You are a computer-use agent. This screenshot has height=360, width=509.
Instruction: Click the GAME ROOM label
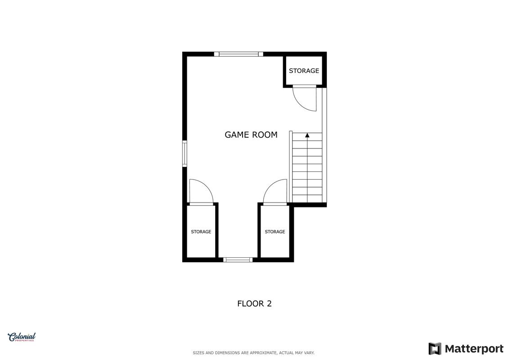pyautogui.click(x=251, y=135)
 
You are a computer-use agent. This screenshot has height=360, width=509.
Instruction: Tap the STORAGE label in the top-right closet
pyautogui.click(x=304, y=71)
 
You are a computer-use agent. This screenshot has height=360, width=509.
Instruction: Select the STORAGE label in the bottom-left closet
pyautogui.click(x=201, y=232)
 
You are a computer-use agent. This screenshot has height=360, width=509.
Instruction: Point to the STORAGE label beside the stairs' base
pyautogui.click(x=275, y=232)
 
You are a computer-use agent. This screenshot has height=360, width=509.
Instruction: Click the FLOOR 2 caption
pyautogui.click(x=255, y=304)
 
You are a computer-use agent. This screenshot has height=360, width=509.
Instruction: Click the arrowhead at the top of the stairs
pyautogui.click(x=307, y=135)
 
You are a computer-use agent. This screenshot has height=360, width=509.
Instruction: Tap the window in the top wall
pyautogui.click(x=239, y=54)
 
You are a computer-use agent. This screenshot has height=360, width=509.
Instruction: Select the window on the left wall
pyautogui.click(x=185, y=153)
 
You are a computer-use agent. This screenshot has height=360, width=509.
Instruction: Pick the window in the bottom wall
pyautogui.click(x=238, y=260)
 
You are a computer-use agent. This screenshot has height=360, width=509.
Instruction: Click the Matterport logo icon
pyautogui.click(x=435, y=349)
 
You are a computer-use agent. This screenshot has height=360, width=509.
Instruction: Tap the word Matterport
pyautogui.click(x=474, y=349)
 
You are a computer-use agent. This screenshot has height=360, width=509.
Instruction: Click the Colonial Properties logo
pyautogui.click(x=22, y=337)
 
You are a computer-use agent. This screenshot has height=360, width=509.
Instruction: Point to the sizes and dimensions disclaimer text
pyautogui.click(x=253, y=353)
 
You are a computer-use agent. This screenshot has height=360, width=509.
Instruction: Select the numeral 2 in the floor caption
pyautogui.click(x=269, y=304)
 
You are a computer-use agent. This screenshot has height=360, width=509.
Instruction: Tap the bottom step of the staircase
pyautogui.click(x=307, y=198)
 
